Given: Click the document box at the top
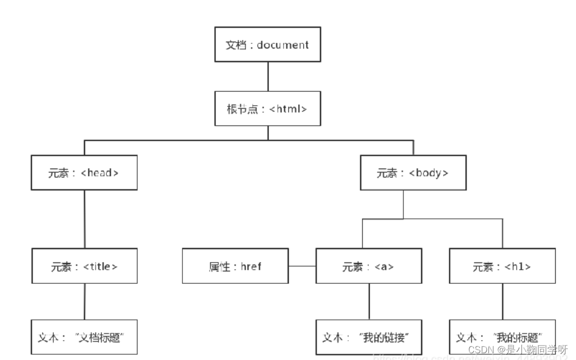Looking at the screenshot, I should [267, 45].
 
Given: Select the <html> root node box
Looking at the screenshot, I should [267, 109].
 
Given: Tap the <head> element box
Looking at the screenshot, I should [84, 172].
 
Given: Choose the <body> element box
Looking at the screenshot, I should [413, 172].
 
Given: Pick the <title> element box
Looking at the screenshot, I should [84, 266].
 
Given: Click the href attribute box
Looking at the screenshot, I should [235, 266].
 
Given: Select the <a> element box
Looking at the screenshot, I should [369, 266].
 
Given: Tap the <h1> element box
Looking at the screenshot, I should [502, 266].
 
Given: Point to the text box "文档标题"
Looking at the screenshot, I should [84, 337].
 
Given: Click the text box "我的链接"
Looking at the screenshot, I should [369, 337].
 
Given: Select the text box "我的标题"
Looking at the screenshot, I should [502, 337].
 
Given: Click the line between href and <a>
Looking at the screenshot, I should [302, 266].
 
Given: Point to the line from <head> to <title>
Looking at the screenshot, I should [84, 219].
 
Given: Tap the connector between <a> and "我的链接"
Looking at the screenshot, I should [369, 302].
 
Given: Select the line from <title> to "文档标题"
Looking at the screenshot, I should [84, 302].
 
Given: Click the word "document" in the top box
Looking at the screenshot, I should [283, 45].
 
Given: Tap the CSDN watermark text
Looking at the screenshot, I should [517, 350].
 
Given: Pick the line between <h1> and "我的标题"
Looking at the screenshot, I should [503, 302].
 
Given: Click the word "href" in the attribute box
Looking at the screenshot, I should [251, 267].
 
